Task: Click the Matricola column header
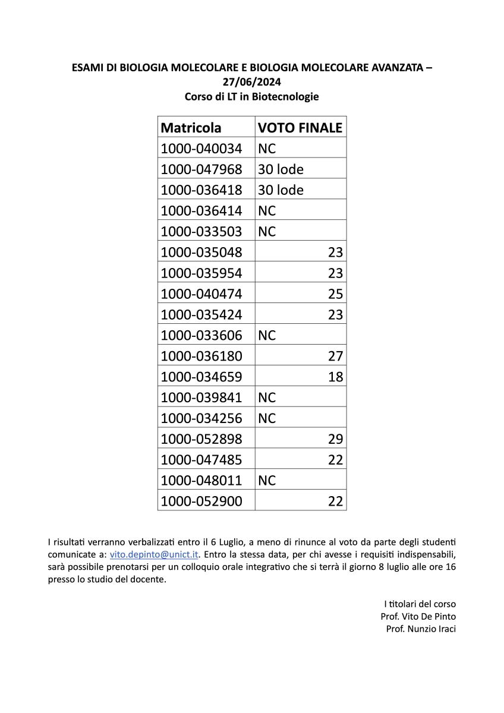click(191, 127)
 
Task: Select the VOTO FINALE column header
click(300, 127)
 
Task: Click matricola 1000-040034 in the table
click(201, 148)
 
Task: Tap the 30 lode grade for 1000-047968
click(281, 169)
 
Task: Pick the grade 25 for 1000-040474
click(335, 294)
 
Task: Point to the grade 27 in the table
click(335, 356)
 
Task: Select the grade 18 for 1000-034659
click(335, 377)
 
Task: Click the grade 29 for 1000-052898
click(335, 439)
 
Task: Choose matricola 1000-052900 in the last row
click(201, 501)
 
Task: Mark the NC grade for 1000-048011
click(267, 480)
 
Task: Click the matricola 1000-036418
click(201, 190)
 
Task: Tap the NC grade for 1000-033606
click(267, 335)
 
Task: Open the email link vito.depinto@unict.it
click(155, 554)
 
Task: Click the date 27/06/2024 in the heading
click(252, 82)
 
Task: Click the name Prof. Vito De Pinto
click(418, 616)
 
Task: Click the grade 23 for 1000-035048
click(335, 252)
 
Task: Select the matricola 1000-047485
click(201, 460)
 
